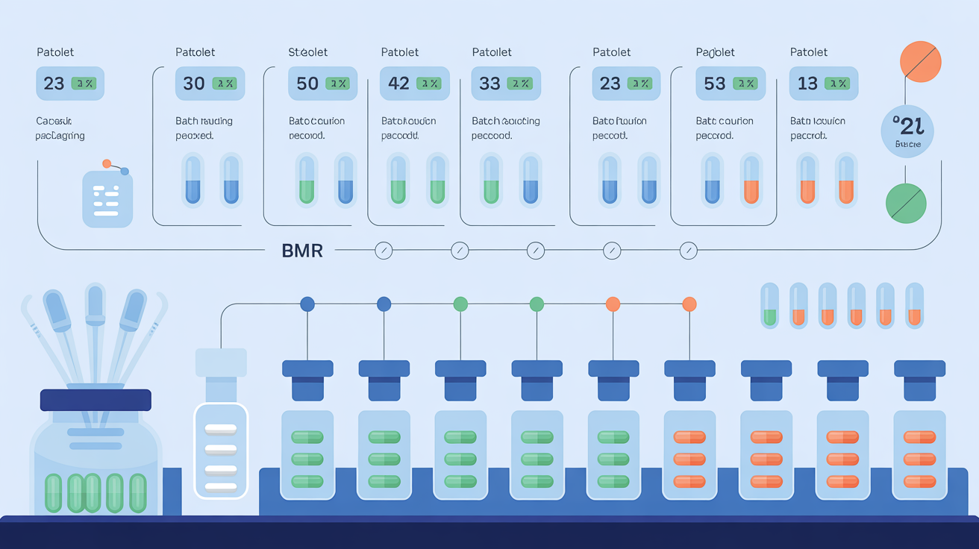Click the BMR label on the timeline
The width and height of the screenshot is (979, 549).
click(x=302, y=251)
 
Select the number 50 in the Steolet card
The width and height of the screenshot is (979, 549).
click(x=307, y=84)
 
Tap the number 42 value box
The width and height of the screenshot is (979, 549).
click(x=398, y=84)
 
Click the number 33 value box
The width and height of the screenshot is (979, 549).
click(x=489, y=84)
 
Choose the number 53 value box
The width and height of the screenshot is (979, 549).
click(x=715, y=84)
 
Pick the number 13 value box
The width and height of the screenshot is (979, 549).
click(x=807, y=84)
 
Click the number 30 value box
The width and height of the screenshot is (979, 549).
click(x=194, y=84)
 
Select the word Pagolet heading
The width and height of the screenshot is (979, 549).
click(x=715, y=52)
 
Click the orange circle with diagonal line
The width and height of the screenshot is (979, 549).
click(x=921, y=61)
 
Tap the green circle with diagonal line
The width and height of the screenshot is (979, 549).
click(x=906, y=203)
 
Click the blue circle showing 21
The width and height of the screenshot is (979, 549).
click(x=907, y=131)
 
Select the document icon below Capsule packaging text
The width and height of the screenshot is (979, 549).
click(x=107, y=198)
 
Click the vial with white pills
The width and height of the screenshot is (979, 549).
click(x=220, y=451)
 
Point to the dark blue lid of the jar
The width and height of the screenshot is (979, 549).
click(x=96, y=400)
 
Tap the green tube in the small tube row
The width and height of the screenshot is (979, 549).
click(x=769, y=305)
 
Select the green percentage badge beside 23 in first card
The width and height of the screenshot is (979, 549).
click(x=84, y=84)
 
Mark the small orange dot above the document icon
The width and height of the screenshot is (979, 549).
click(x=107, y=163)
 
